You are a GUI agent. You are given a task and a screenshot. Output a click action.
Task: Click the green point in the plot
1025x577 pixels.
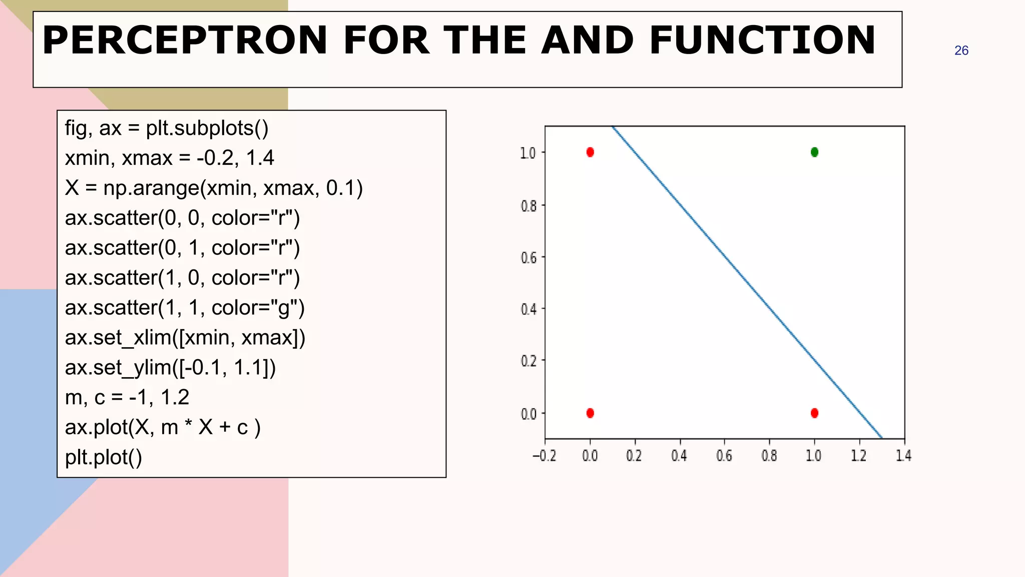pos(814,152)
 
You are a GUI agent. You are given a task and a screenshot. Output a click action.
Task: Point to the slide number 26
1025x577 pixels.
pos(961,51)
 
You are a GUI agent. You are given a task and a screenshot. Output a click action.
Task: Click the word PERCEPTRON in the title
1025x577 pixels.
pos(185,40)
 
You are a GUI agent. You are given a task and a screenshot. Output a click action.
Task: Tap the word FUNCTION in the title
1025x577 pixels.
pos(762,40)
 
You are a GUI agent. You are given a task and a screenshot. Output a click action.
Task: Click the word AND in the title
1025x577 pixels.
pos(588,40)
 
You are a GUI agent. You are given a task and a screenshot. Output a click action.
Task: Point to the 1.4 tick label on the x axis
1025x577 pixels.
pos(903,456)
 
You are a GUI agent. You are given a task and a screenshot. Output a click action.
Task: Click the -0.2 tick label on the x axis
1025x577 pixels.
pos(544,456)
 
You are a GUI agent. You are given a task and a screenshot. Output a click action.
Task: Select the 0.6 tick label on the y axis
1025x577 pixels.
pos(529,258)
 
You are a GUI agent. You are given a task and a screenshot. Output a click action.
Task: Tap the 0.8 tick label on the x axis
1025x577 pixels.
pos(769,456)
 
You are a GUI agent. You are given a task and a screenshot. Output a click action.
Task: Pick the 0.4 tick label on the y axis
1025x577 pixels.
pos(529,310)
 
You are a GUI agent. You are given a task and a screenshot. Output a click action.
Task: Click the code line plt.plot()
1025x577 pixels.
pos(104,457)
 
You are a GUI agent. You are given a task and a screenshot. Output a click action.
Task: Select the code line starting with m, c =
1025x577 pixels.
pos(127,397)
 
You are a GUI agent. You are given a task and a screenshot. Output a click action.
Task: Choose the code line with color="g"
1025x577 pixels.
pos(185,308)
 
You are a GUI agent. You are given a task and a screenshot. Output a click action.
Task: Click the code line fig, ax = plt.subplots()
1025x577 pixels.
pos(167,128)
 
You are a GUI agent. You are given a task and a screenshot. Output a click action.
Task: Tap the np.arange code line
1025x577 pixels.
pos(214,188)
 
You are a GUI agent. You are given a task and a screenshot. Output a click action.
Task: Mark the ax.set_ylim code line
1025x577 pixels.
pos(170,367)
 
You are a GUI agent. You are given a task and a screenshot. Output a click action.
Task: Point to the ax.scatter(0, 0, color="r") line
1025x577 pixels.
pos(182,218)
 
